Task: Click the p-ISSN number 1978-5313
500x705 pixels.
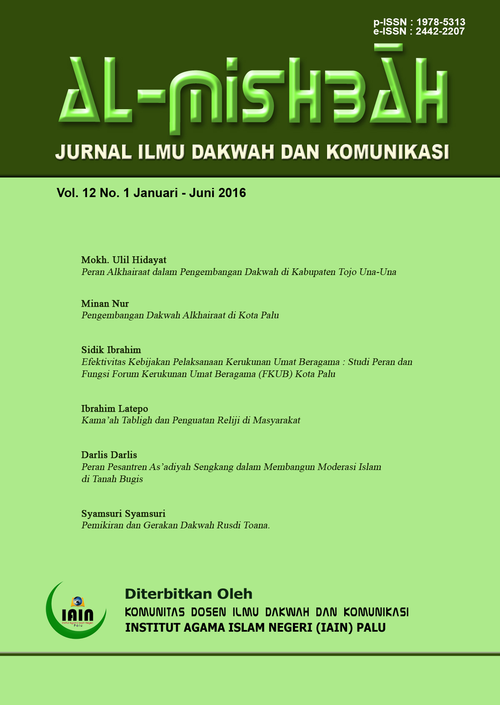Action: point(441,22)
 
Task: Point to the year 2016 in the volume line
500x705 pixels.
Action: point(232,193)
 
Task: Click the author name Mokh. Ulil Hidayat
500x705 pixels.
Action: point(124,260)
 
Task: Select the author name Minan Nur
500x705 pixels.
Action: point(105,303)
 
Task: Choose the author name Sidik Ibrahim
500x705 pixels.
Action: point(111,350)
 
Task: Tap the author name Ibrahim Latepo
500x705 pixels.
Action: point(115,409)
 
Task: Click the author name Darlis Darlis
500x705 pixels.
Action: point(109,455)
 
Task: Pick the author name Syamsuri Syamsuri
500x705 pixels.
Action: point(123,514)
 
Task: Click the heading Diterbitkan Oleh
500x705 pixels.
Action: point(188,594)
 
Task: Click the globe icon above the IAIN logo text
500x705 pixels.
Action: point(77,602)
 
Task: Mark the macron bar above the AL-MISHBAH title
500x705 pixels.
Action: point(388,48)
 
